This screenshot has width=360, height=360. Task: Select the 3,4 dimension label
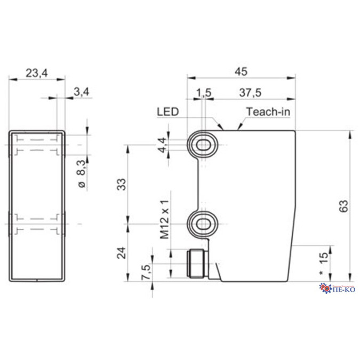[x=81, y=92]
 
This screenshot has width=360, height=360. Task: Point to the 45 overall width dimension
[x=241, y=71]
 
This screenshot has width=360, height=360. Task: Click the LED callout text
[x=167, y=112]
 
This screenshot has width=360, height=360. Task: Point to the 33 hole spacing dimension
[x=121, y=185]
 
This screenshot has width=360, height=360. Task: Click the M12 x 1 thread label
[x=164, y=219]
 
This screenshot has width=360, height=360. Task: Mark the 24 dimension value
[x=121, y=252]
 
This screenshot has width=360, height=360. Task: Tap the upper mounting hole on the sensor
[x=203, y=143]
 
